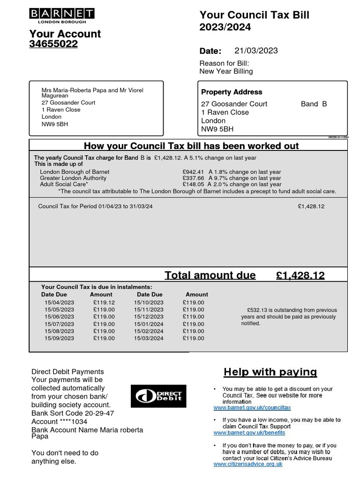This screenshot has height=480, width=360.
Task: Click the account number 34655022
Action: [53, 44]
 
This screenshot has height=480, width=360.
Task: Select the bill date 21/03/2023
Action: [256, 51]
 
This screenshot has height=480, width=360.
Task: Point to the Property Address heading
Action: [232, 92]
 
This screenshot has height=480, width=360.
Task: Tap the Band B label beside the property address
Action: [314, 104]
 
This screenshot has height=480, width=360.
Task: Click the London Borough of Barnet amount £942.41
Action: [193, 172]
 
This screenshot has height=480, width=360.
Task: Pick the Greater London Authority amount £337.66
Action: [193, 178]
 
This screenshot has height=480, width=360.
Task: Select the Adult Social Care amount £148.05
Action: [193, 185]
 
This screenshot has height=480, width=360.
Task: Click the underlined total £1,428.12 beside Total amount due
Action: [300, 276]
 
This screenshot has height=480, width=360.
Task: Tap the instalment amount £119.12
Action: [104, 303]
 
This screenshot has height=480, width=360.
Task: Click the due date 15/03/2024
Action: [149, 338]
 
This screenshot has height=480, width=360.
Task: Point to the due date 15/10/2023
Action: [149, 303]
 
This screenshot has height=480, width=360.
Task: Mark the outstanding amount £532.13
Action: [257, 310]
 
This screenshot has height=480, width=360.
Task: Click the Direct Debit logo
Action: [158, 396]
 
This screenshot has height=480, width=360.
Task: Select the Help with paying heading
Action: [270, 372]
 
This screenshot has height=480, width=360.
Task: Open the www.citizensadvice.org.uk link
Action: [248, 464]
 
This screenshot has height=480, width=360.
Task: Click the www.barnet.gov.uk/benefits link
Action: [249, 433]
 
